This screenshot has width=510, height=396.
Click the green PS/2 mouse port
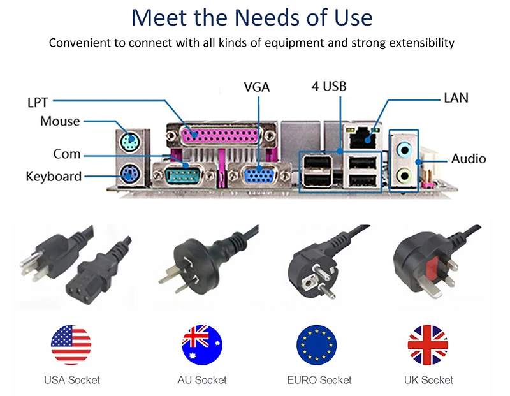click(x=130, y=141)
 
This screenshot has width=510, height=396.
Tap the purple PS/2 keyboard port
click(x=130, y=172)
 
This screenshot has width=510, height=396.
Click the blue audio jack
click(x=404, y=149)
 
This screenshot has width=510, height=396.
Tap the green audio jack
click(x=404, y=175)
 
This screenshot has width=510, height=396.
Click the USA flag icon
click(x=71, y=345)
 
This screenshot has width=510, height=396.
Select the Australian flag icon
click(x=202, y=345)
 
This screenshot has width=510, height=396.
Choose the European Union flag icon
click(x=317, y=345)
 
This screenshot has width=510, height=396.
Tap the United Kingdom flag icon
click(x=428, y=345)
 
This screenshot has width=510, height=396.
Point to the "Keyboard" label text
click(x=54, y=176)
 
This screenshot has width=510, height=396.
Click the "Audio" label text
click(x=469, y=159)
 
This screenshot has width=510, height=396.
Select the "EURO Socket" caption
click(x=319, y=380)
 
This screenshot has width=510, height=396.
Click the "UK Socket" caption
click(x=428, y=380)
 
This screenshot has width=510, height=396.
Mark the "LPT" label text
click(x=38, y=102)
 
